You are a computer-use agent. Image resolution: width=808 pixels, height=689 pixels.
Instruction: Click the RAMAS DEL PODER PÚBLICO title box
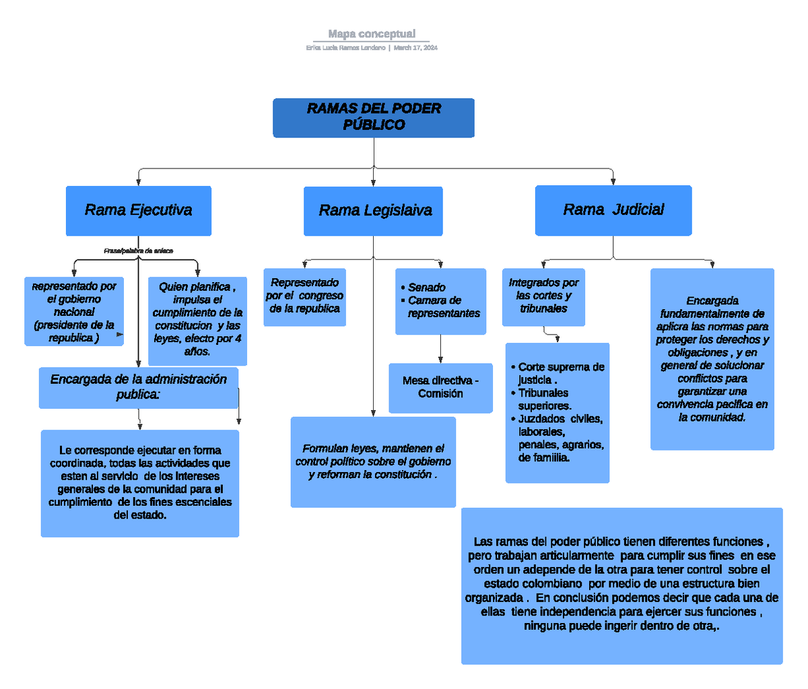373,118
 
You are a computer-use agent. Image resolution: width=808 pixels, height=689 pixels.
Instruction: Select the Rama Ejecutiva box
138,211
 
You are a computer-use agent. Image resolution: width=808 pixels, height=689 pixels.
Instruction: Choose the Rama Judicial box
613,210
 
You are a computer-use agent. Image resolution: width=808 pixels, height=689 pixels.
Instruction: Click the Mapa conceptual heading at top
372,34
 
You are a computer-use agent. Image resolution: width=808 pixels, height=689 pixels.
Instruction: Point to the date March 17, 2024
415,48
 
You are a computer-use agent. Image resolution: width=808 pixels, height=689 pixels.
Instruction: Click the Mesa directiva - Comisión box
440,388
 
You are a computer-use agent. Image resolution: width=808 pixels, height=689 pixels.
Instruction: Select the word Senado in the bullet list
426,288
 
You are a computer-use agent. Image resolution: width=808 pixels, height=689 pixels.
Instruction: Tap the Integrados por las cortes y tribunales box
543,296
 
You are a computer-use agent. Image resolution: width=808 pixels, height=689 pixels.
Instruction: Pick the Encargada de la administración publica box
138,387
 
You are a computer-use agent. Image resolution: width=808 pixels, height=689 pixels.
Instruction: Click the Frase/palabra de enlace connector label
138,251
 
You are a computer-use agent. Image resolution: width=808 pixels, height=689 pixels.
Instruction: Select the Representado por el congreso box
304,296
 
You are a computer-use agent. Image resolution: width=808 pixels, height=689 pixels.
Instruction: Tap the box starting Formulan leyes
373,462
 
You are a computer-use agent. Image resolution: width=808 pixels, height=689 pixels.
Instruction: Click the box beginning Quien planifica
197,319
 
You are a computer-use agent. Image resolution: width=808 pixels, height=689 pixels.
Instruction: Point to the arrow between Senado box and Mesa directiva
440,350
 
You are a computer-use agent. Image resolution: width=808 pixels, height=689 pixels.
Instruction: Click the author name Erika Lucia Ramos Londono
345,48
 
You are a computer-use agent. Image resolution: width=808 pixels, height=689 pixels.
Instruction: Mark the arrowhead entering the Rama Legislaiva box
373,183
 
